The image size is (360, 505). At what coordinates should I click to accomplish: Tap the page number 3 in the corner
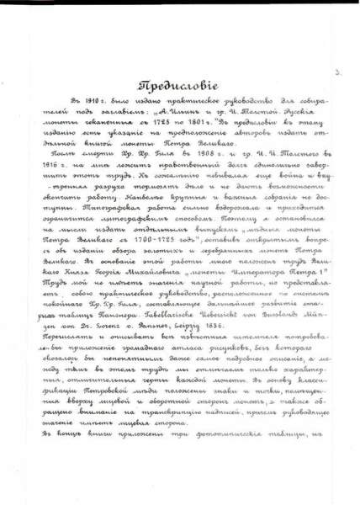(x=336, y=74)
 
